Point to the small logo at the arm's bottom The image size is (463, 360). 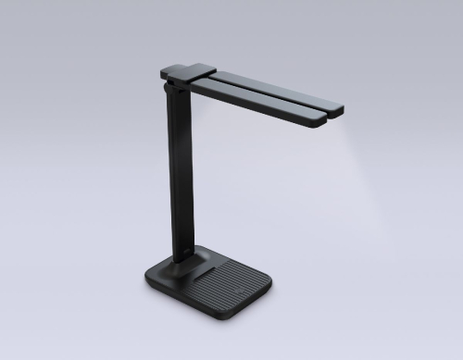[186, 248]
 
